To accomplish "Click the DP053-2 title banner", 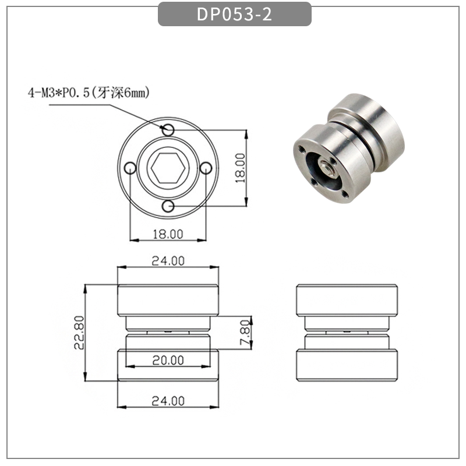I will [234, 15].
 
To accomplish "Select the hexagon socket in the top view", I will [168, 168].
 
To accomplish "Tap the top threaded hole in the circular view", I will [168, 129].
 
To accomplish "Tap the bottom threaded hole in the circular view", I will [168, 206].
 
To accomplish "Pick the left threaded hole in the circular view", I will [130, 168].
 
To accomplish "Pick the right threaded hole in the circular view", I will [206, 168].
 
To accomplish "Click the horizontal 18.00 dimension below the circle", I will [168, 234].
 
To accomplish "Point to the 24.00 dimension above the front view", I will [168, 261].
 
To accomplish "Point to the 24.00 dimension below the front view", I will [168, 401].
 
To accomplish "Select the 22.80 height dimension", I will [80, 333].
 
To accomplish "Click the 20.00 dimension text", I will [168, 360].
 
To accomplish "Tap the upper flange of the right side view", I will [347, 300].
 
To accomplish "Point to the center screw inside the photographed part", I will [327, 169].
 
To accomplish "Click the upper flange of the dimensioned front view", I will [168, 300].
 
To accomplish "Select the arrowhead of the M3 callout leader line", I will [165, 126].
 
